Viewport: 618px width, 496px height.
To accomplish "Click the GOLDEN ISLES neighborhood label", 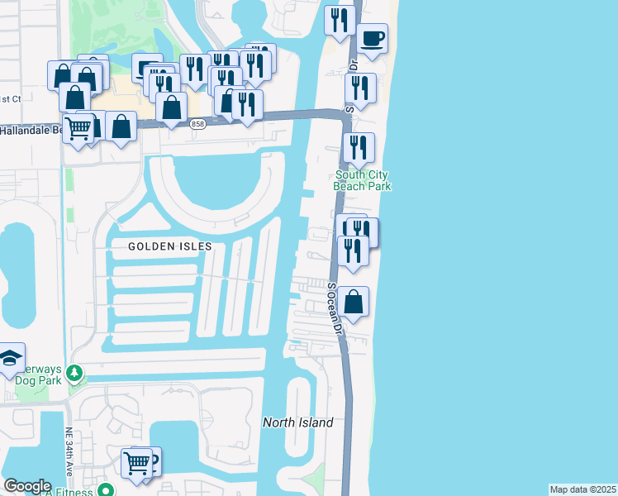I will (169, 246).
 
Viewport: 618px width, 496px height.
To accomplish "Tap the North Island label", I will (297, 422).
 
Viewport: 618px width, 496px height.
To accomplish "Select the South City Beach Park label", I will (362, 180).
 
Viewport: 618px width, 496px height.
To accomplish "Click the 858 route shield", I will (197, 124).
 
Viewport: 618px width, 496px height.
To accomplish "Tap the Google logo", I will (27, 486).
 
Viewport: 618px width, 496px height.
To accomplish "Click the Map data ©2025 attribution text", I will (582, 489).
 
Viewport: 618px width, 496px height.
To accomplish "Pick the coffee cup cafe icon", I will (373, 38).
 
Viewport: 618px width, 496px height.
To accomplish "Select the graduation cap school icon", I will (11, 358).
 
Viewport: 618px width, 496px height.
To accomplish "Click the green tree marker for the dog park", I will (74, 374).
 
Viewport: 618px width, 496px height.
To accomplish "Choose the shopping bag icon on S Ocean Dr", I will (353, 302).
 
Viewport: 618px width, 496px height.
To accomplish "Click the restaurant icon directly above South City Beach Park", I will (358, 148).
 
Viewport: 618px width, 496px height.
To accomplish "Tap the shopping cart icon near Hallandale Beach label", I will (78, 128).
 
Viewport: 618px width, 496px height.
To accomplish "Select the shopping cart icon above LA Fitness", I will (136, 462).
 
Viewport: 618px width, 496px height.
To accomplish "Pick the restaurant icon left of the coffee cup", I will (340, 20).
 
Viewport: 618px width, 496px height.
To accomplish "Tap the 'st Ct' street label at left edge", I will (10, 98).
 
